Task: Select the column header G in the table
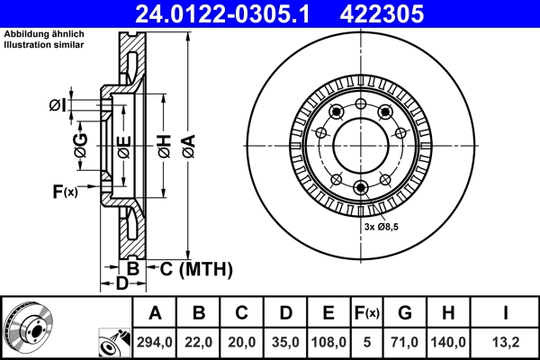click(405, 313)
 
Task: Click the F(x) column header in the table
click(366, 313)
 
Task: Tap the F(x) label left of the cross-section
click(65, 191)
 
